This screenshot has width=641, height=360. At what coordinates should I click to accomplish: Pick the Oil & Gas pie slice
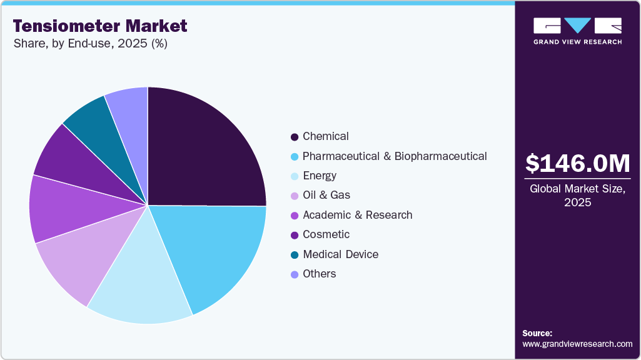[x=81, y=256]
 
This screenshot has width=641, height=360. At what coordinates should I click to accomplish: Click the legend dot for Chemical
[x=294, y=137]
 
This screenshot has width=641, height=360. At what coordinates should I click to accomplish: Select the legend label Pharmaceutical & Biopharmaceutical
[x=395, y=156]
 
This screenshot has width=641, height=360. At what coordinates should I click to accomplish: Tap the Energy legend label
[x=320, y=176]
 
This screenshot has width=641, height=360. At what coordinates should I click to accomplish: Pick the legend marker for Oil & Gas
[x=294, y=196]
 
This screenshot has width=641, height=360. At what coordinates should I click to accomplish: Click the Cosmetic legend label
[x=326, y=234]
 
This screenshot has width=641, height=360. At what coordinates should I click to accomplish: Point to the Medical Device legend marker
[x=294, y=255]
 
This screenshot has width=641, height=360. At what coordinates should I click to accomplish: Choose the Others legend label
[x=319, y=274]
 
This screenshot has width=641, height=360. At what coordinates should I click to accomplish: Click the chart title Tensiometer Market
[x=100, y=26]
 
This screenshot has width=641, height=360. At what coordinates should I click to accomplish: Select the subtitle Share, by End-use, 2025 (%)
[x=90, y=44]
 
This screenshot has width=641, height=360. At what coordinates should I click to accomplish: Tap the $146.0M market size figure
[x=577, y=163]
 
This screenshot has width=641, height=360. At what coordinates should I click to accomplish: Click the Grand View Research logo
[x=577, y=31]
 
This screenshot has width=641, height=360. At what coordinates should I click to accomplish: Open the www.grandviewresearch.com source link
[x=577, y=344]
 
